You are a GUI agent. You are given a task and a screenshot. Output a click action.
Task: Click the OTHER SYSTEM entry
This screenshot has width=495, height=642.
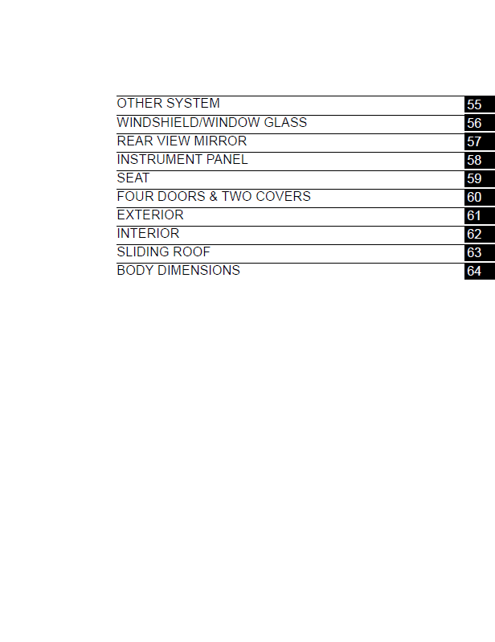(168, 103)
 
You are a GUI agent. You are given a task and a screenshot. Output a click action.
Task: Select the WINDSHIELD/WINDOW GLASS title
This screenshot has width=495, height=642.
(211, 122)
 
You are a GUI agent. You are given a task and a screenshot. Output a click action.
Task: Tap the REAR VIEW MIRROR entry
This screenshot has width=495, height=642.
(182, 141)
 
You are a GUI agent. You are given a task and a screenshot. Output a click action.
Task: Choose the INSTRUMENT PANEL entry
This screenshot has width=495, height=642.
(182, 159)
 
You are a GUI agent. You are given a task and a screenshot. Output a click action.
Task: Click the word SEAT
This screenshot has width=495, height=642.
(133, 178)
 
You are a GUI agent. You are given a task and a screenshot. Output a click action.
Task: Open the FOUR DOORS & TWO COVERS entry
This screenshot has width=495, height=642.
(214, 196)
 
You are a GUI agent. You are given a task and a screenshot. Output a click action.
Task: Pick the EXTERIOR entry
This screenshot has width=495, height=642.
(150, 215)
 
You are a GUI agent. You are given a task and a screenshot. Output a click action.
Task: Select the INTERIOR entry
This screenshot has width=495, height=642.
(148, 233)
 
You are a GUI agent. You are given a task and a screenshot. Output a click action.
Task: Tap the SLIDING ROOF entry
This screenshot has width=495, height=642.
(163, 251)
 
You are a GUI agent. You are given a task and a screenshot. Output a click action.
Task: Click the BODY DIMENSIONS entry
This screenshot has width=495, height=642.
(178, 270)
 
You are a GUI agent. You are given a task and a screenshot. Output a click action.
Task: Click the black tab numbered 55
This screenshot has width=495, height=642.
(480, 104)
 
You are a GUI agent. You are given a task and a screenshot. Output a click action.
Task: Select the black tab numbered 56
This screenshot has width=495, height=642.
(480, 123)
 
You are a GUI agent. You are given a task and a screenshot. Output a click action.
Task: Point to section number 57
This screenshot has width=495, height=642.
(480, 141)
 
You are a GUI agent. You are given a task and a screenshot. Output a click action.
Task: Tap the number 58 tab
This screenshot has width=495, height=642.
(480, 160)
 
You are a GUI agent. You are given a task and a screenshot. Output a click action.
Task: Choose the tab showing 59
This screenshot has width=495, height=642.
(480, 178)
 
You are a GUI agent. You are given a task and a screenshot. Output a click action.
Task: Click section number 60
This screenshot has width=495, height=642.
(480, 197)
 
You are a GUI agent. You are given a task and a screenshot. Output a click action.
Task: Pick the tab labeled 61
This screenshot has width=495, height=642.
(480, 215)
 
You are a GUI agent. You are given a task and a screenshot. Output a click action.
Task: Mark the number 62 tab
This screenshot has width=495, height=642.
(480, 234)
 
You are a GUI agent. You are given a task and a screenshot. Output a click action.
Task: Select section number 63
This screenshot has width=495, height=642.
(480, 252)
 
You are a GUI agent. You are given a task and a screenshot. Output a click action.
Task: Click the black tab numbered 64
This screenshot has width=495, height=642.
(480, 271)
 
